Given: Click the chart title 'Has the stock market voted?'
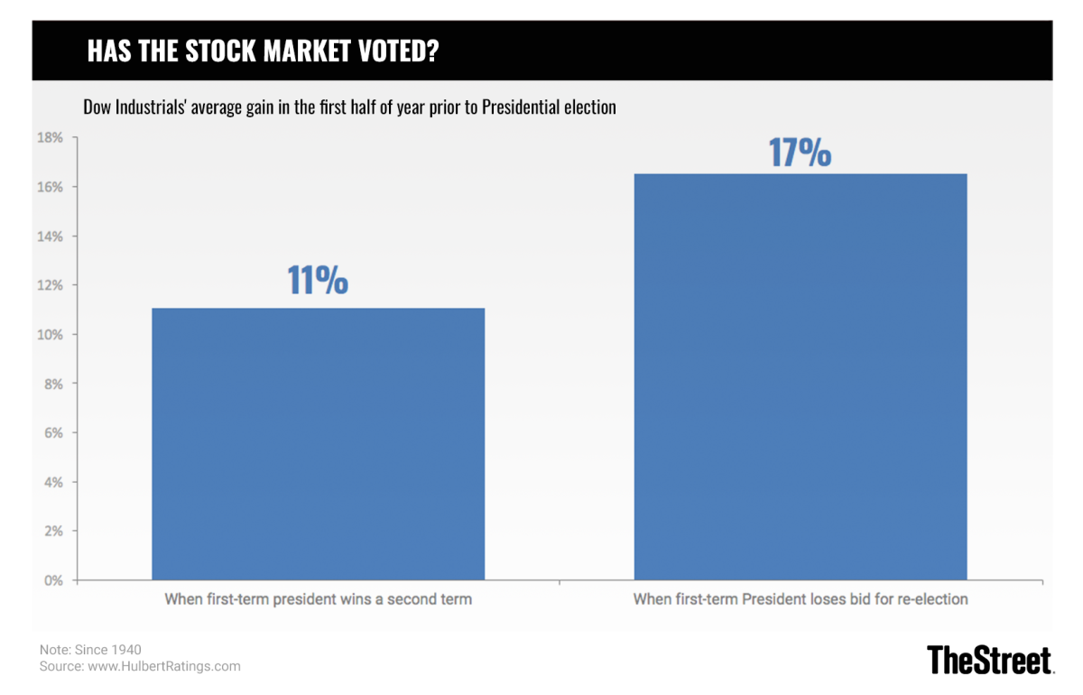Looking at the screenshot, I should click(x=263, y=51).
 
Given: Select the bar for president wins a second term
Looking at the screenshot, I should click(x=318, y=443).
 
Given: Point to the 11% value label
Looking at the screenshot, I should click(x=318, y=281).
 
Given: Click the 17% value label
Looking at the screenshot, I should click(x=800, y=153).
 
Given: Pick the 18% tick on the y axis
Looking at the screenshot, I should click(x=50, y=138).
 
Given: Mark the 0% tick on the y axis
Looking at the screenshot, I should click(x=53, y=580).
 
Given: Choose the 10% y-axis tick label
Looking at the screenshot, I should click(x=50, y=335).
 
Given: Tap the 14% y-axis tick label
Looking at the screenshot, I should click(x=50, y=236).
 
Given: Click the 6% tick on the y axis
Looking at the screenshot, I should click(x=53, y=433).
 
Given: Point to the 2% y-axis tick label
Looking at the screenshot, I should click(x=53, y=532).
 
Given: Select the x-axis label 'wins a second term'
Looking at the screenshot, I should click(x=318, y=598).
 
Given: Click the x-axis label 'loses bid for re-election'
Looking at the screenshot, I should click(x=801, y=598).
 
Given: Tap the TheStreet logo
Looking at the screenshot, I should click(x=990, y=659).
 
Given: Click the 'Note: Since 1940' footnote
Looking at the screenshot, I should click(x=90, y=650).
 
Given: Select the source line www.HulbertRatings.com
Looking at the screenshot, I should click(x=140, y=667).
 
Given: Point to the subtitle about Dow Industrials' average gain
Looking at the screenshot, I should click(x=349, y=107).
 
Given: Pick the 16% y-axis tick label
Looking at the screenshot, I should click(x=50, y=187).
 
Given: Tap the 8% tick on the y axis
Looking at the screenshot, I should click(x=53, y=384).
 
